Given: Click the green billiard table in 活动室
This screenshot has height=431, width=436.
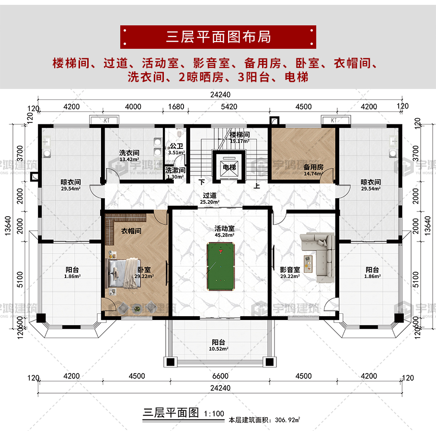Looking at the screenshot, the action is [x=220, y=266].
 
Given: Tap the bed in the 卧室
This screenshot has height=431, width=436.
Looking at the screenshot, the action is [x=124, y=273].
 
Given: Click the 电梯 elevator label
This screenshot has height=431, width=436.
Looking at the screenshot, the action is [x=229, y=167].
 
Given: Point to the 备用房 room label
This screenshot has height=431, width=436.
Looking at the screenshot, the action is [x=313, y=167].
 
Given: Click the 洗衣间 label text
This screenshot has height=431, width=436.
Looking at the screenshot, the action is [x=129, y=153].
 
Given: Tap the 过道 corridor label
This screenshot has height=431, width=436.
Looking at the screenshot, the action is [x=210, y=195].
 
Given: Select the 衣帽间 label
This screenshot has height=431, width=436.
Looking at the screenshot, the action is [x=131, y=231].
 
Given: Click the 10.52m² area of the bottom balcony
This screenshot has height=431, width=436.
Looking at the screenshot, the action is [x=218, y=349].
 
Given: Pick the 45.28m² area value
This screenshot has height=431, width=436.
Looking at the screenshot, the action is [x=224, y=235].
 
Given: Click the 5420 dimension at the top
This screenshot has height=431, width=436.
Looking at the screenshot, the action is [x=229, y=107].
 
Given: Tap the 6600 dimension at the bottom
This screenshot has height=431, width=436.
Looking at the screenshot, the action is [x=220, y=376].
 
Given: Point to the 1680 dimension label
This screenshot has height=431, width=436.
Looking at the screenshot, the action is [x=176, y=107].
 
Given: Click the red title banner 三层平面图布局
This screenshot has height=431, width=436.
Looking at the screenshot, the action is [x=218, y=37].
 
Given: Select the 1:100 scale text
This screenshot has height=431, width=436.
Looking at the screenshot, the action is [x=214, y=414].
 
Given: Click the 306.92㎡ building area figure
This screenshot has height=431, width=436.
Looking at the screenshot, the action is [x=287, y=420].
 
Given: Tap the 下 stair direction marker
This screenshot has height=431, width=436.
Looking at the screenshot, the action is [x=202, y=182].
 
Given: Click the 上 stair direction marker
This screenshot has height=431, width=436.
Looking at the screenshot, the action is [x=257, y=186].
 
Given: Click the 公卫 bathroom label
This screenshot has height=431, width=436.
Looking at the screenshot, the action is [x=177, y=146].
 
